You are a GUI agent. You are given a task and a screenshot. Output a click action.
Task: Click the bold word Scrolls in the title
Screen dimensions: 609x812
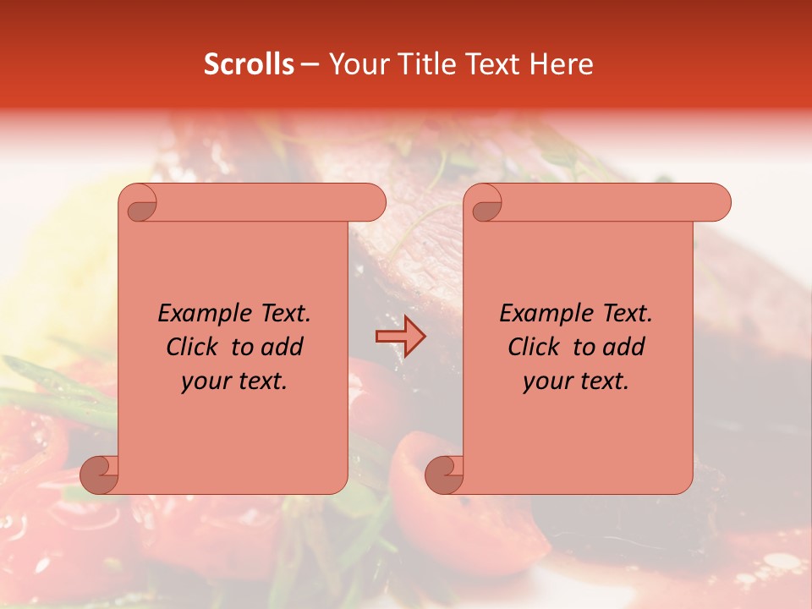click(x=250, y=64)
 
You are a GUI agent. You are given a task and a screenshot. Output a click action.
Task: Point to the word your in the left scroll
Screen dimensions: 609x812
click(x=204, y=381)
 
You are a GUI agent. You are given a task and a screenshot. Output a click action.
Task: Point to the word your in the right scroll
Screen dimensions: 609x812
click(x=546, y=381)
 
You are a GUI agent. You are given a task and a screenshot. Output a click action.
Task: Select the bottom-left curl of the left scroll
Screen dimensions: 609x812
click(x=100, y=474)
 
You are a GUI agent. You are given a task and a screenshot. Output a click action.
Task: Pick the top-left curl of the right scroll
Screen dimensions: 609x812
click(x=485, y=204)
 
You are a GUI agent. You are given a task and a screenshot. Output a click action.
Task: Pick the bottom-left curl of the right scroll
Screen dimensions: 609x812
click(x=445, y=474)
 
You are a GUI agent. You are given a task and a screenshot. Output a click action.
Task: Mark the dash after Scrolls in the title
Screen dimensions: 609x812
click(x=310, y=64)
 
